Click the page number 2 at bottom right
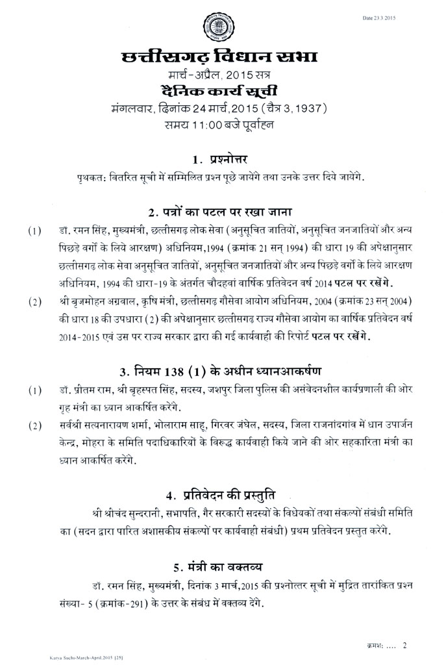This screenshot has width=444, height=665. point(404,645)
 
